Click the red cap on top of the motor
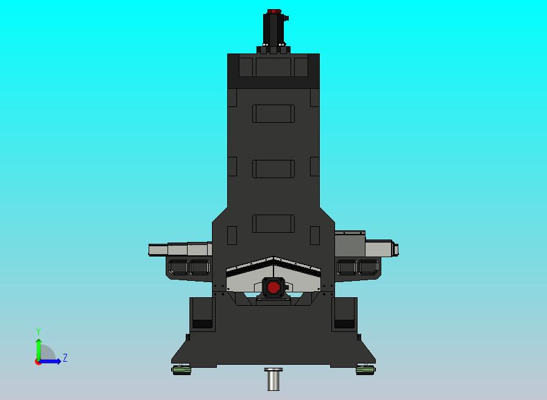(x=273, y=12)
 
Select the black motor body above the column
(x=273, y=30)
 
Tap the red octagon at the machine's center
(x=273, y=287)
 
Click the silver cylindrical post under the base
(x=273, y=380)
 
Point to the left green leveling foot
(x=182, y=369)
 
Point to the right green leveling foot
(x=365, y=369)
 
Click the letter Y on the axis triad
(x=38, y=332)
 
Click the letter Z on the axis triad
(x=65, y=358)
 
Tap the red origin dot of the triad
(x=38, y=362)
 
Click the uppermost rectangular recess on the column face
(x=273, y=114)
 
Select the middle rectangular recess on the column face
(x=273, y=168)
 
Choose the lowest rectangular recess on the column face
(x=273, y=223)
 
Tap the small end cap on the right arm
(x=396, y=249)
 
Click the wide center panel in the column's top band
(x=273, y=66)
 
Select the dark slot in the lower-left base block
(x=202, y=323)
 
